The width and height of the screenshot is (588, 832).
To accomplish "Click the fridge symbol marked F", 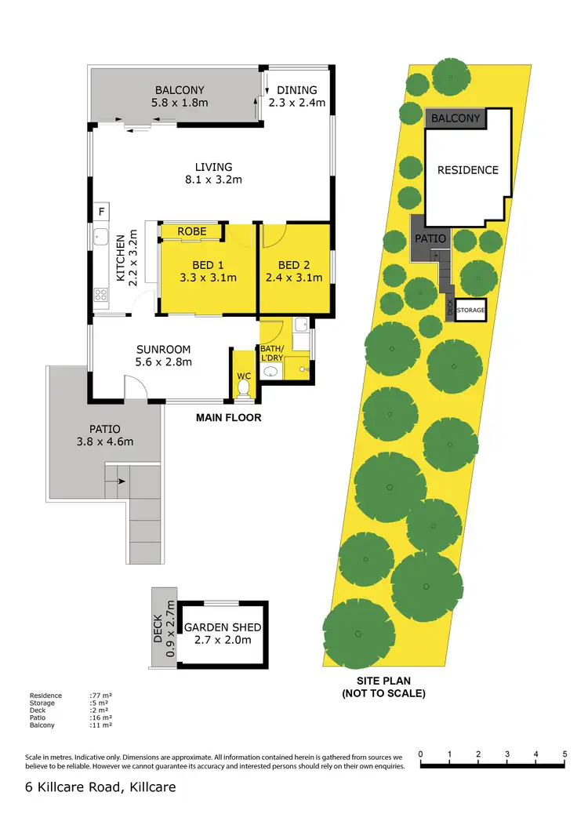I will [x=100, y=211].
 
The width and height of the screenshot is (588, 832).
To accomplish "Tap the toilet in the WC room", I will [x=243, y=387].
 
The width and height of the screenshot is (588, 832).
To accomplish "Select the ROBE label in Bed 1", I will [x=191, y=231].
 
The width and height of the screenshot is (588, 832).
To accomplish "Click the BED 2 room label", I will [x=294, y=265].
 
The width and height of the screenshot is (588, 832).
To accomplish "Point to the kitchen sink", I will [x=101, y=238].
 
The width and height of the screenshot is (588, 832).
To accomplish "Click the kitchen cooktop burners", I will [x=101, y=295].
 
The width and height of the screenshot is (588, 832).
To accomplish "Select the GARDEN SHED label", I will [x=223, y=627].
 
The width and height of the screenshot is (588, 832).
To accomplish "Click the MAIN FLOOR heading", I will [x=228, y=418].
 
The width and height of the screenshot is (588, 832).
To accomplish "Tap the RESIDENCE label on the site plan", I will [x=467, y=170].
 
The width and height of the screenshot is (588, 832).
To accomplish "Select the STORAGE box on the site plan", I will [x=470, y=311].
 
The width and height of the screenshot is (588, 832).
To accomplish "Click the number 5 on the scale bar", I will [x=564, y=754].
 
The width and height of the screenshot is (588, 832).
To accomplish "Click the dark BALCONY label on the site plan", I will [x=456, y=118].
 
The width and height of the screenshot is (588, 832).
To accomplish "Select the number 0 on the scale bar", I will [x=421, y=754].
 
